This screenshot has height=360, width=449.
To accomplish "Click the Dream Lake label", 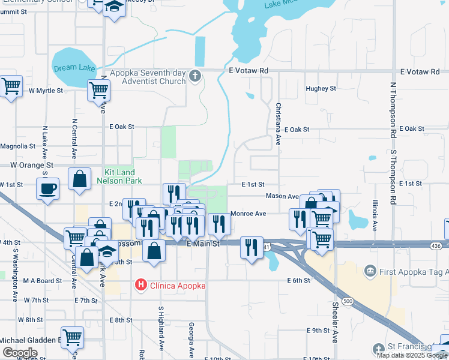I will tap(74, 68).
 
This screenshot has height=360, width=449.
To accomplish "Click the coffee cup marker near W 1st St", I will tap(47, 188).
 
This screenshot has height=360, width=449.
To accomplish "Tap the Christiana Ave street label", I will tap(278, 124).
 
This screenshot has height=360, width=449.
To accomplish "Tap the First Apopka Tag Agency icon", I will tap(370, 272).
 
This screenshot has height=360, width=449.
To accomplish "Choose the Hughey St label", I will tap(321, 88).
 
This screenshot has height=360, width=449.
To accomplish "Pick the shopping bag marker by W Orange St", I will tap(79, 179).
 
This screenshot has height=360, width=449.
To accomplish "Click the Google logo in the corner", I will tap(20, 352).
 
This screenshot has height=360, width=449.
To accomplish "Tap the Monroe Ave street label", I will tap(249, 213).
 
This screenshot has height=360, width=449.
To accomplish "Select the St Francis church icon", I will tap(378, 349).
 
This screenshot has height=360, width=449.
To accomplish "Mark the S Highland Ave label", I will tap(161, 328).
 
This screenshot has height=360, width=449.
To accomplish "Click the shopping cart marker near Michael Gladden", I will tap(73, 337).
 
